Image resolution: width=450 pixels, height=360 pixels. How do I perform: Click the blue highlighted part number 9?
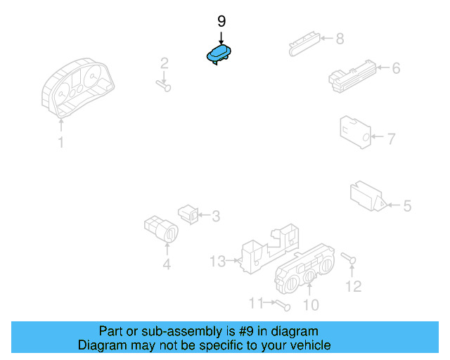tap(219, 56)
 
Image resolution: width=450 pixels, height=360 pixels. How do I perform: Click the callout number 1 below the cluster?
tap(61, 143)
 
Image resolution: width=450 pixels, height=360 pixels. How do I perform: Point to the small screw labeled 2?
tap(165, 86)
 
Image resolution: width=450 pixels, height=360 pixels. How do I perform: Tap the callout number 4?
tap(167, 265)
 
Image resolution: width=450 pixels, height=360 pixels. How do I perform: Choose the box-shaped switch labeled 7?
tap(355, 131)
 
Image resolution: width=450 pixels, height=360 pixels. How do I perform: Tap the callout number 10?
tap(310, 304)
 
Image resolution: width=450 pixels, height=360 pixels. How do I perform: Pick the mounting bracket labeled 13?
tap(269, 246)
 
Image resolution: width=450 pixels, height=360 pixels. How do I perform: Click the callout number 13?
tap(217, 262)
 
